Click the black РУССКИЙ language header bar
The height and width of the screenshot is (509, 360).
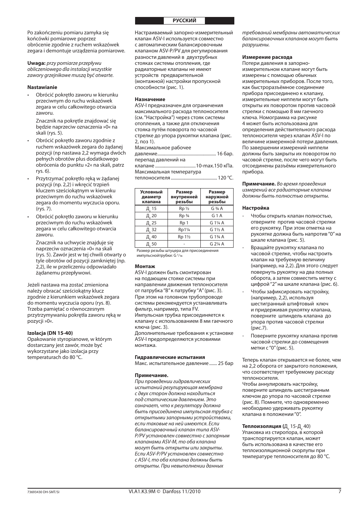(185, 21)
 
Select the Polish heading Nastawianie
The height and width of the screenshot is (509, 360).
(42, 87)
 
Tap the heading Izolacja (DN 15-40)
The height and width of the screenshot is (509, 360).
(50, 333)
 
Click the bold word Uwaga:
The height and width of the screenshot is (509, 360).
(36, 63)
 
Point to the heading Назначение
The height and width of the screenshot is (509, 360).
(150, 99)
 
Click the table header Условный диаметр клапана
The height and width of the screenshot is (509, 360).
(151, 197)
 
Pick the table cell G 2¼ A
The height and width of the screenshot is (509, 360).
(217, 244)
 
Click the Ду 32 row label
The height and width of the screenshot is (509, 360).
(151, 230)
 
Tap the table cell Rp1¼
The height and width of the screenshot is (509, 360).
(184, 230)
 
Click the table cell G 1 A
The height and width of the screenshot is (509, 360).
(217, 216)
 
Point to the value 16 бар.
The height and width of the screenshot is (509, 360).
(225, 154)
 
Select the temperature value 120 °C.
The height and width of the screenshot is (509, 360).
(225, 178)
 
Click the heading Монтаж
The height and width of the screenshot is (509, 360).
(145, 266)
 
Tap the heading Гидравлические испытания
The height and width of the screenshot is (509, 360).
(170, 357)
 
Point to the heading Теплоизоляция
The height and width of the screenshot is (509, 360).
(262, 426)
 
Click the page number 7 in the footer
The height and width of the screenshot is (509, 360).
(340, 491)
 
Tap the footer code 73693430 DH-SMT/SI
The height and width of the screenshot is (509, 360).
(43, 492)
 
